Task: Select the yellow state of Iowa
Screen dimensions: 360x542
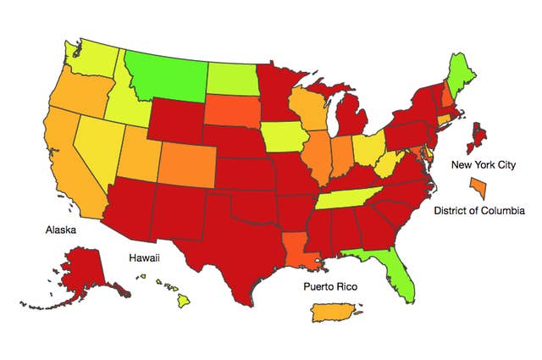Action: click(284, 136)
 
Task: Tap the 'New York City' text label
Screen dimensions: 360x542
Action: click(483, 165)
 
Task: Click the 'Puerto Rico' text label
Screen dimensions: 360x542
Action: click(330, 287)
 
